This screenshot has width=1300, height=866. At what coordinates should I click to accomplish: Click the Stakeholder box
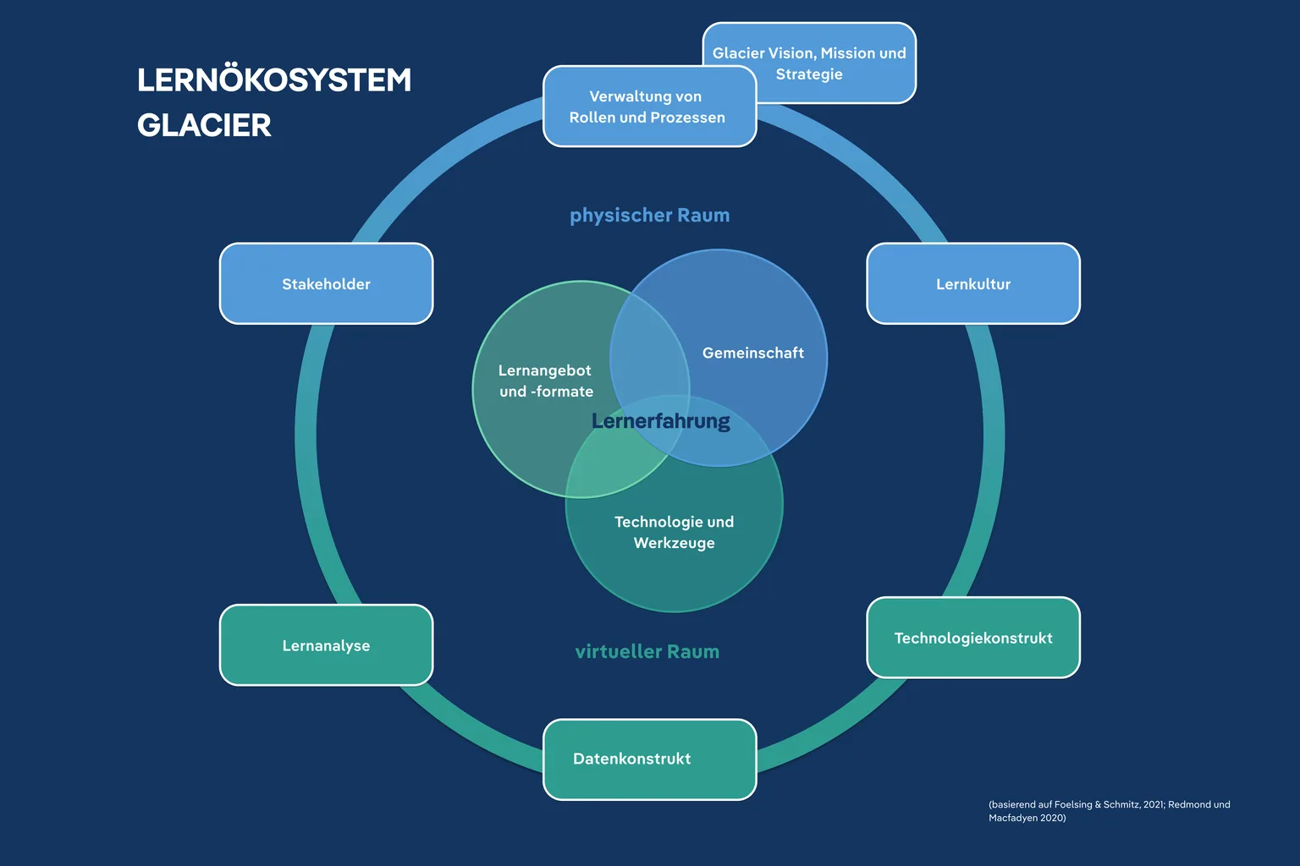(x=326, y=283)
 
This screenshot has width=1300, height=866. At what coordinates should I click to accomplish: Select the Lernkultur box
(x=973, y=283)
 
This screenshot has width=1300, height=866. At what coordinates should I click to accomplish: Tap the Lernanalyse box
(x=326, y=645)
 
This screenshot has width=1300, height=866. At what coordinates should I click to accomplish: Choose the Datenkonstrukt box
(x=650, y=759)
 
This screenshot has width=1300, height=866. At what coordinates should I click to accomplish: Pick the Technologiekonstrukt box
(x=973, y=638)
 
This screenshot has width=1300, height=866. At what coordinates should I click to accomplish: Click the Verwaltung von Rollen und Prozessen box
(x=650, y=107)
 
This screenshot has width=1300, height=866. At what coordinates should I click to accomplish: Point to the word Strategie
(x=809, y=74)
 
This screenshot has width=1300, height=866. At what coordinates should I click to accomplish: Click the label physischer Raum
(x=649, y=215)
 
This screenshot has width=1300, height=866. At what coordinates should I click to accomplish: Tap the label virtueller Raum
(x=647, y=651)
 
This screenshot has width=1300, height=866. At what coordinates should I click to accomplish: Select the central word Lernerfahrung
(x=660, y=421)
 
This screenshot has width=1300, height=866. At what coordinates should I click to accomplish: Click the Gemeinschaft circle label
(x=752, y=353)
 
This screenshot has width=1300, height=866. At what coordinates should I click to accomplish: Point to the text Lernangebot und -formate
(x=546, y=381)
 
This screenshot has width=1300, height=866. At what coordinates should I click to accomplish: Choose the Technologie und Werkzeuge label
(x=674, y=532)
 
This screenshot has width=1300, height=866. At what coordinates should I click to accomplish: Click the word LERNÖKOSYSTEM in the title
(x=274, y=80)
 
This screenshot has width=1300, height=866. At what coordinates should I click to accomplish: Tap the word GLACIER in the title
(x=204, y=125)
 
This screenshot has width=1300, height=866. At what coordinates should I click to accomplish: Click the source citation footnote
(x=1109, y=811)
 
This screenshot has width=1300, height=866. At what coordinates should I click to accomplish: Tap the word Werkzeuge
(x=674, y=544)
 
